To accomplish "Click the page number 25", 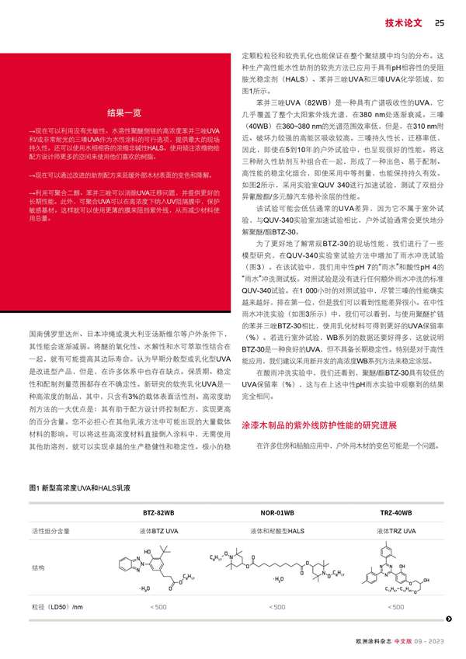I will [439, 23].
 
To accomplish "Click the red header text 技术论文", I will [403, 23].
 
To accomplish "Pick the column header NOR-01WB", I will [276, 514].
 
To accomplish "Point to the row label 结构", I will [38, 568].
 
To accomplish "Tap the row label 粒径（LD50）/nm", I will [57, 606].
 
